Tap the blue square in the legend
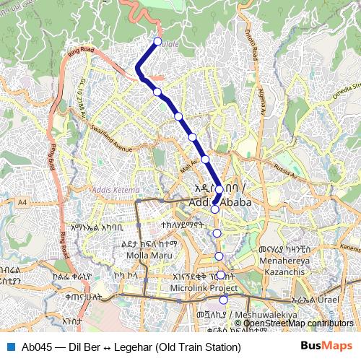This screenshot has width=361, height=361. pos(10,347)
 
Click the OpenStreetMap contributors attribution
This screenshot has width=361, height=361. pos(298,323)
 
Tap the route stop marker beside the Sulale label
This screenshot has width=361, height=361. pos(157,41)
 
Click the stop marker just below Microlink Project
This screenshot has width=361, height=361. pos(223,300)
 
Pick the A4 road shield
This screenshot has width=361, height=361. pos(23,203)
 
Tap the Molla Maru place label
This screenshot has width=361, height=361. pos(147,255)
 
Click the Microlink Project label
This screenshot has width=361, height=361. pos(193,288)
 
